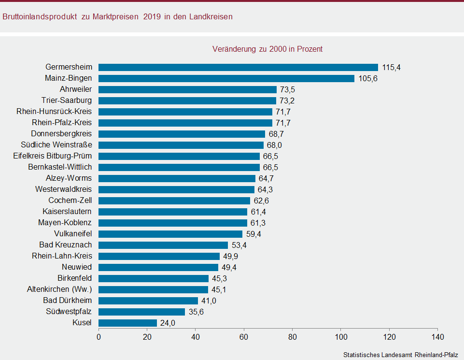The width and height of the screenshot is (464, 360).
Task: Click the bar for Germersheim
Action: (x=238, y=67)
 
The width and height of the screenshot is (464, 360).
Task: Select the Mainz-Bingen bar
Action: (x=226, y=78)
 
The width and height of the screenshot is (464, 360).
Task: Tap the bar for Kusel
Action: (x=127, y=323)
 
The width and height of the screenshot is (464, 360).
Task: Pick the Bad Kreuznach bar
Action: (x=163, y=245)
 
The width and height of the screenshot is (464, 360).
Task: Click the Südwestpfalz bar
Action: (x=141, y=312)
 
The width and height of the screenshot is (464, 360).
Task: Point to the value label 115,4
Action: (x=391, y=67)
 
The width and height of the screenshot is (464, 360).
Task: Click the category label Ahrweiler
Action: (x=76, y=89)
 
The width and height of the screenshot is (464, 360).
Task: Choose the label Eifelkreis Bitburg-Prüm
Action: (x=53, y=156)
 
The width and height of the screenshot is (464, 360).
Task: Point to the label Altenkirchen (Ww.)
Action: (x=59, y=289)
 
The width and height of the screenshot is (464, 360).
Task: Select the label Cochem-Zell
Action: (x=70, y=201)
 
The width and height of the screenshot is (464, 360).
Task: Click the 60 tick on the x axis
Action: (x=244, y=337)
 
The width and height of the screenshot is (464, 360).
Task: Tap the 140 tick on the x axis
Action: (x=437, y=337)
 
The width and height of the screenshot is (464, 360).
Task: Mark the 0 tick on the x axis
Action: (x=99, y=337)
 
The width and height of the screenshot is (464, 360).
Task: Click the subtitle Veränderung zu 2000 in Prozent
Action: (x=267, y=49)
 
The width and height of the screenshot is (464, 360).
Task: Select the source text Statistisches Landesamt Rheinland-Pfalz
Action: (x=401, y=354)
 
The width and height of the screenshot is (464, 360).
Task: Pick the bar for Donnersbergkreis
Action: (x=182, y=134)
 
